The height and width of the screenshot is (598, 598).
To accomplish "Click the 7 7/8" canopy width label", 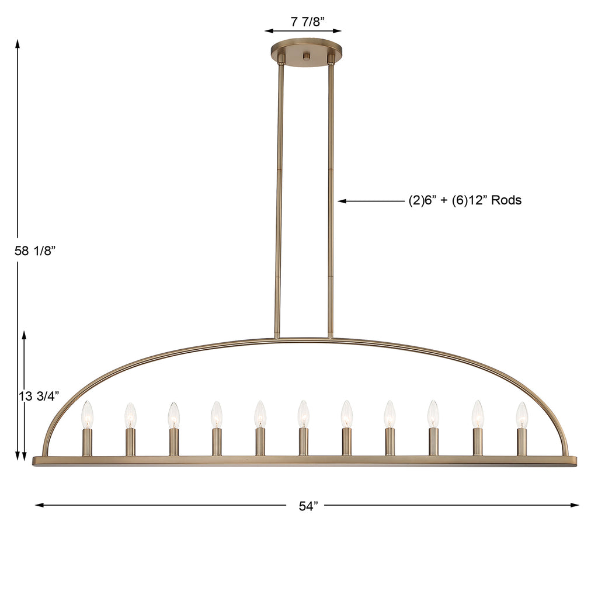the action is click(x=307, y=22).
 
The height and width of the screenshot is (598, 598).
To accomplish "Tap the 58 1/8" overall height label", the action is click(x=35, y=251).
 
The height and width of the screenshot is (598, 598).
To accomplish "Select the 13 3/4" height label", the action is click(x=39, y=396).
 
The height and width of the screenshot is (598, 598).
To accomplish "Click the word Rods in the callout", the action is click(x=506, y=200).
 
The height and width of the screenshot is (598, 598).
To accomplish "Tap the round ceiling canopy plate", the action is click(x=306, y=53).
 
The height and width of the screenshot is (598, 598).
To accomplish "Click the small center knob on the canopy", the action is click(x=306, y=56).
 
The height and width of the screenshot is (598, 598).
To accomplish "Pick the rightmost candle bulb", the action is click(x=521, y=415).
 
